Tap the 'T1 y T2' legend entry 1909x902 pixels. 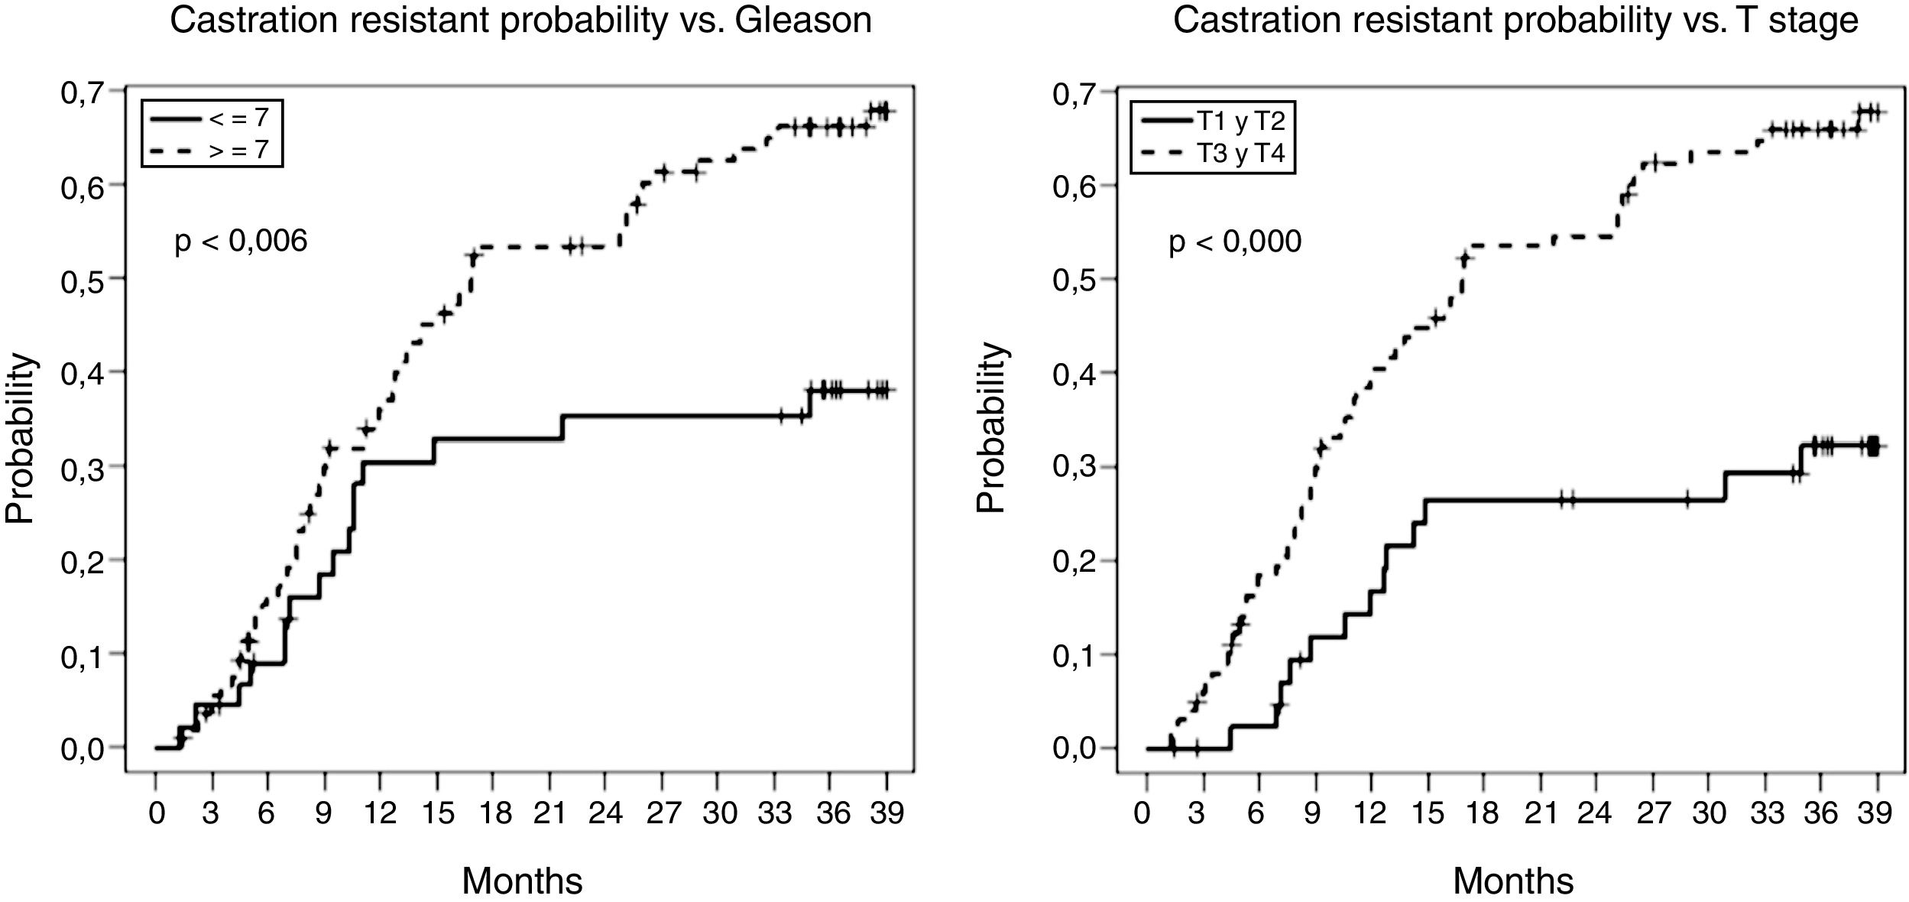pyautogui.click(x=1212, y=122)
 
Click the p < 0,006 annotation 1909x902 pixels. pyautogui.click(x=241, y=242)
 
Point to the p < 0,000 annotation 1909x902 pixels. pyautogui.click(x=1235, y=242)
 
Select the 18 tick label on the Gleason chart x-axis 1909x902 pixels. pyautogui.click(x=494, y=813)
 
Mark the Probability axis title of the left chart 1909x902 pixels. pyautogui.click(x=20, y=437)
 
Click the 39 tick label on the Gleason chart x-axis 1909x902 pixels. pyautogui.click(x=887, y=813)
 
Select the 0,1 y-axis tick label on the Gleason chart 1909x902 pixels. pyautogui.click(x=83, y=655)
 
